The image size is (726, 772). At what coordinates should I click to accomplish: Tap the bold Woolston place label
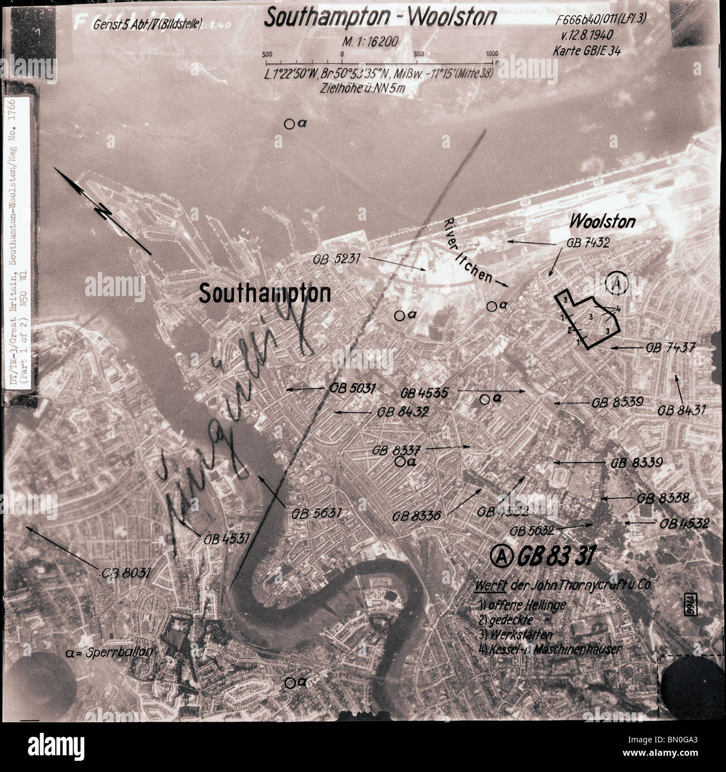tap(602, 222)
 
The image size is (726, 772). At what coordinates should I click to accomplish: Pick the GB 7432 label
tap(588, 243)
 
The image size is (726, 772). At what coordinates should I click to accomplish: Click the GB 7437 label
tap(670, 347)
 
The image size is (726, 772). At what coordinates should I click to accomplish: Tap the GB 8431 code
tap(682, 410)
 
